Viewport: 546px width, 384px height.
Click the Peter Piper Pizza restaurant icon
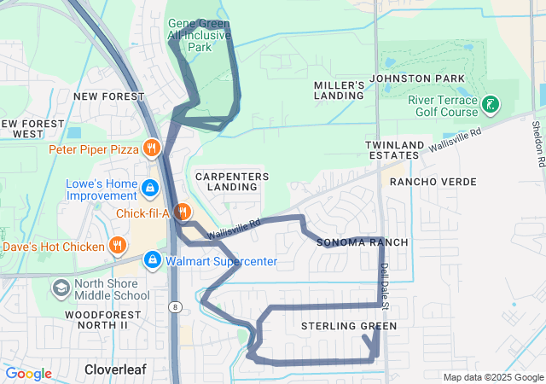click(x=151, y=148)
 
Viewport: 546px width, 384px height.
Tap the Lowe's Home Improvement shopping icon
click(x=150, y=186)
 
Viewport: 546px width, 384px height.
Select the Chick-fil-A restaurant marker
click(x=181, y=211)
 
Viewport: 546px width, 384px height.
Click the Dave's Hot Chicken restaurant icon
click(x=118, y=247)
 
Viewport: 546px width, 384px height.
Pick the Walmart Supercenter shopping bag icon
click(x=154, y=259)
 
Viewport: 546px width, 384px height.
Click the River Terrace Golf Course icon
click(x=491, y=106)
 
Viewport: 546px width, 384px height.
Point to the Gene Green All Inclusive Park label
click(x=200, y=35)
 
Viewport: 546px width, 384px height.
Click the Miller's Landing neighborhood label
click(x=340, y=91)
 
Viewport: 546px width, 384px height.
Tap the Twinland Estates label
click(x=393, y=150)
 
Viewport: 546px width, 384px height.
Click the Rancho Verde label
click(x=426, y=182)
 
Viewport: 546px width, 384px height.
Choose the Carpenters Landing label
click(x=232, y=181)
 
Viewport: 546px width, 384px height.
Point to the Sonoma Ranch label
click(x=363, y=242)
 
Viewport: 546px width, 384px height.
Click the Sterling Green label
click(x=349, y=326)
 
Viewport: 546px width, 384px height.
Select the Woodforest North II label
click(x=96, y=319)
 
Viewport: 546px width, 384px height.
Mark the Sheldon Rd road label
click(x=538, y=142)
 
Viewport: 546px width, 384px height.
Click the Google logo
click(x=28, y=374)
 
